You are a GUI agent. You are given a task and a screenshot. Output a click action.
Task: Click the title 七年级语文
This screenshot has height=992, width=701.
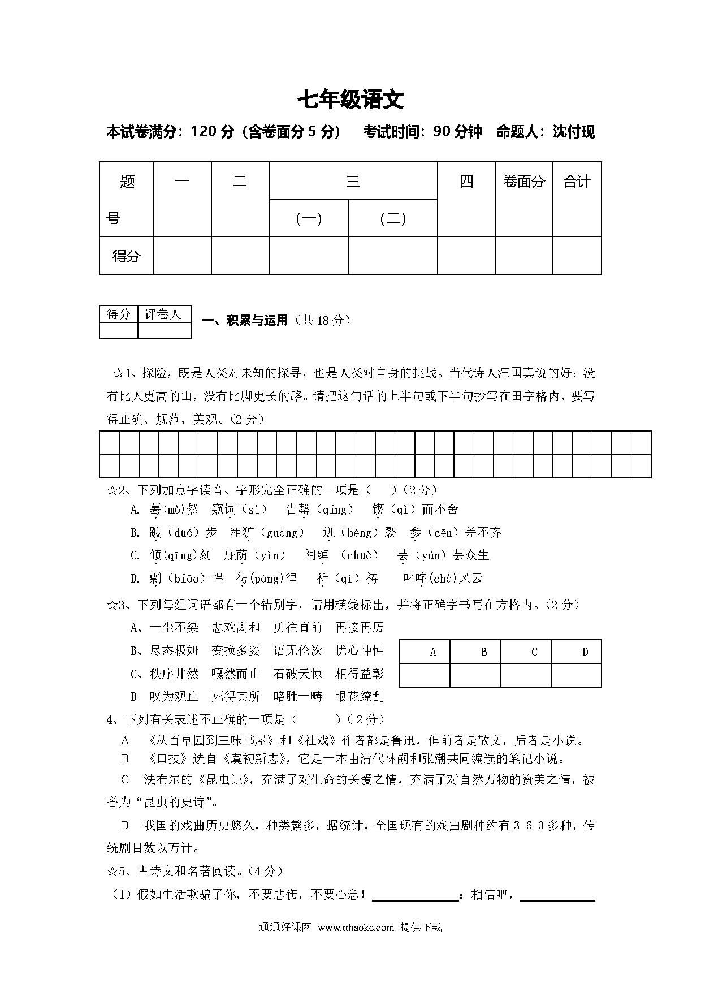tap(350, 100)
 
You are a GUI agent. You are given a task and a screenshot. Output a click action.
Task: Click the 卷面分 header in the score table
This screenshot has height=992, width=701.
tap(523, 182)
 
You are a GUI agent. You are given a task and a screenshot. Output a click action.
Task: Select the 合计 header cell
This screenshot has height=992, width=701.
tap(577, 182)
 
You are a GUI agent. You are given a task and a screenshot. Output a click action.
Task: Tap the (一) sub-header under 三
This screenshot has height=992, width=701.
tap(309, 218)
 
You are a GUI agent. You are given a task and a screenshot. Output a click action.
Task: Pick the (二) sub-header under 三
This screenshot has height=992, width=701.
tap(393, 218)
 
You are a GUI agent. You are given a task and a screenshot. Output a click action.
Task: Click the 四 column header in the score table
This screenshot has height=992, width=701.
tap(466, 182)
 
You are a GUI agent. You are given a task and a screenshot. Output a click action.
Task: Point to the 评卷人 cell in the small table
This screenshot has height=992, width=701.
tap(163, 314)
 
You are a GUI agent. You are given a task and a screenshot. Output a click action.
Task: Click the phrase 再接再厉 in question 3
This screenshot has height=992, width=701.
tap(359, 627)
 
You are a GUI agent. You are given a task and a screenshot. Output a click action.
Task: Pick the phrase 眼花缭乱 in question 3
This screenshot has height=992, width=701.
tap(359, 697)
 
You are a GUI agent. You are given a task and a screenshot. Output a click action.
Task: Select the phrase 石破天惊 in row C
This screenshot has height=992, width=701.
tap(297, 674)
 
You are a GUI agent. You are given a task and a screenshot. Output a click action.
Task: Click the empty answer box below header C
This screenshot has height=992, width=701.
tap(525, 675)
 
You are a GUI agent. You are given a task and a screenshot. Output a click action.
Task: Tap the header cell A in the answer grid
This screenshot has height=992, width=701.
tap(432, 652)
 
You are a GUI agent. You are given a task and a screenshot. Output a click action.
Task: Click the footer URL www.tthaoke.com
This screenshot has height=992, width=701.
tap(356, 928)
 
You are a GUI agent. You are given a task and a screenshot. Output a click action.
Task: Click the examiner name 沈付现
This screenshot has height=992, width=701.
tap(573, 132)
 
